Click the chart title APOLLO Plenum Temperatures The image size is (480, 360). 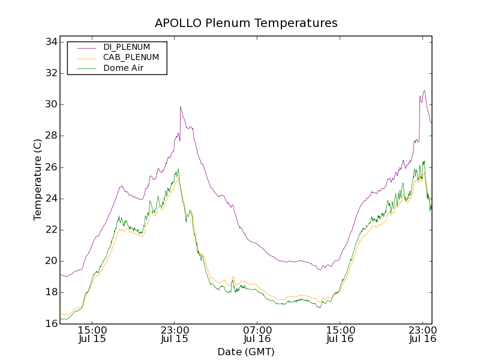[x=246, y=23]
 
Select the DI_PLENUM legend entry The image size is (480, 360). [x=127, y=47]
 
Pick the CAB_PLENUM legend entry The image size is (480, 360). [x=131, y=58]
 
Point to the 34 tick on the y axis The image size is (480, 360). [x=50, y=42]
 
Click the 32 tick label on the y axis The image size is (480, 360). [x=50, y=73]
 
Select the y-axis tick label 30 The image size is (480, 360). [x=50, y=104]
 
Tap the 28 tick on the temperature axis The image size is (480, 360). [x=50, y=136]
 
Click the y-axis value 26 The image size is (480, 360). [x=50, y=167]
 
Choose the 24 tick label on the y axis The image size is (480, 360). [x=50, y=199]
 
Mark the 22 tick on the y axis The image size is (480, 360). [x=50, y=230]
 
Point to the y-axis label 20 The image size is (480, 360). [x=50, y=261]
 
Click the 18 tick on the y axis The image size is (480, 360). [x=50, y=292]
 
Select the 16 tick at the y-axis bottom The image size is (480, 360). [x=50, y=323]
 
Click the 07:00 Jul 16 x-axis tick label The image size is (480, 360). [x=257, y=334]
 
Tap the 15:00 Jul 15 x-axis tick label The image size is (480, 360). [x=92, y=334]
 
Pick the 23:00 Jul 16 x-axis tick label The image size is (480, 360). [x=423, y=334]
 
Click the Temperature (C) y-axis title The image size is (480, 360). [x=38, y=179]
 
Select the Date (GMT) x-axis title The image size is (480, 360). [x=246, y=352]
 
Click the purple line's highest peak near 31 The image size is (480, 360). [x=424, y=91]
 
